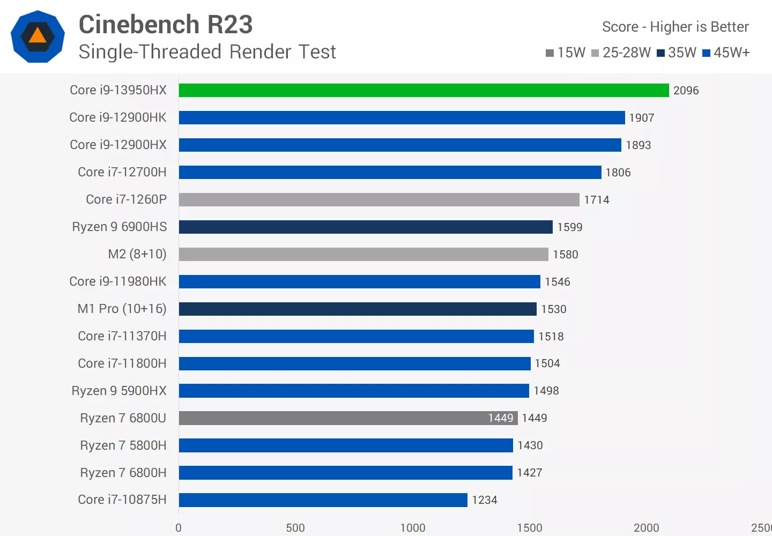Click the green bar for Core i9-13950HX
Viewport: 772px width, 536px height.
point(424,91)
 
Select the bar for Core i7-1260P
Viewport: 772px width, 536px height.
point(379,199)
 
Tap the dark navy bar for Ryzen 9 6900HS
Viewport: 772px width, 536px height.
point(366,227)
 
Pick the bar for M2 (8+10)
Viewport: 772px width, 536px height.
point(363,254)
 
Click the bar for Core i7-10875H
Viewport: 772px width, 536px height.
point(323,500)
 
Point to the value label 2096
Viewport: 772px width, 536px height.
point(686,91)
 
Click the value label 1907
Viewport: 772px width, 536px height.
point(641,118)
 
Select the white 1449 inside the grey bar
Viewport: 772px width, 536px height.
point(500,418)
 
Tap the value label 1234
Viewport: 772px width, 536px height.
point(485,500)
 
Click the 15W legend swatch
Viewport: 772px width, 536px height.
point(550,53)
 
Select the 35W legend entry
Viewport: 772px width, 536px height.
point(677,53)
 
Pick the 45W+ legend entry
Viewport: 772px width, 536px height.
point(726,53)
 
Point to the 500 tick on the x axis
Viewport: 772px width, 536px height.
point(295,527)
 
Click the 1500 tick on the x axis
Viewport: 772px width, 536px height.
point(530,527)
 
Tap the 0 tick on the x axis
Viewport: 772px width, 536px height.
point(179,527)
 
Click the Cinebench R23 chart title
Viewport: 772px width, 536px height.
point(166,25)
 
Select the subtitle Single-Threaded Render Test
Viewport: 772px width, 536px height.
point(207,52)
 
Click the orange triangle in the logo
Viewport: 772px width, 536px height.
point(38,36)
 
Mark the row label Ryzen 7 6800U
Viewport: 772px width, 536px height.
point(123,418)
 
